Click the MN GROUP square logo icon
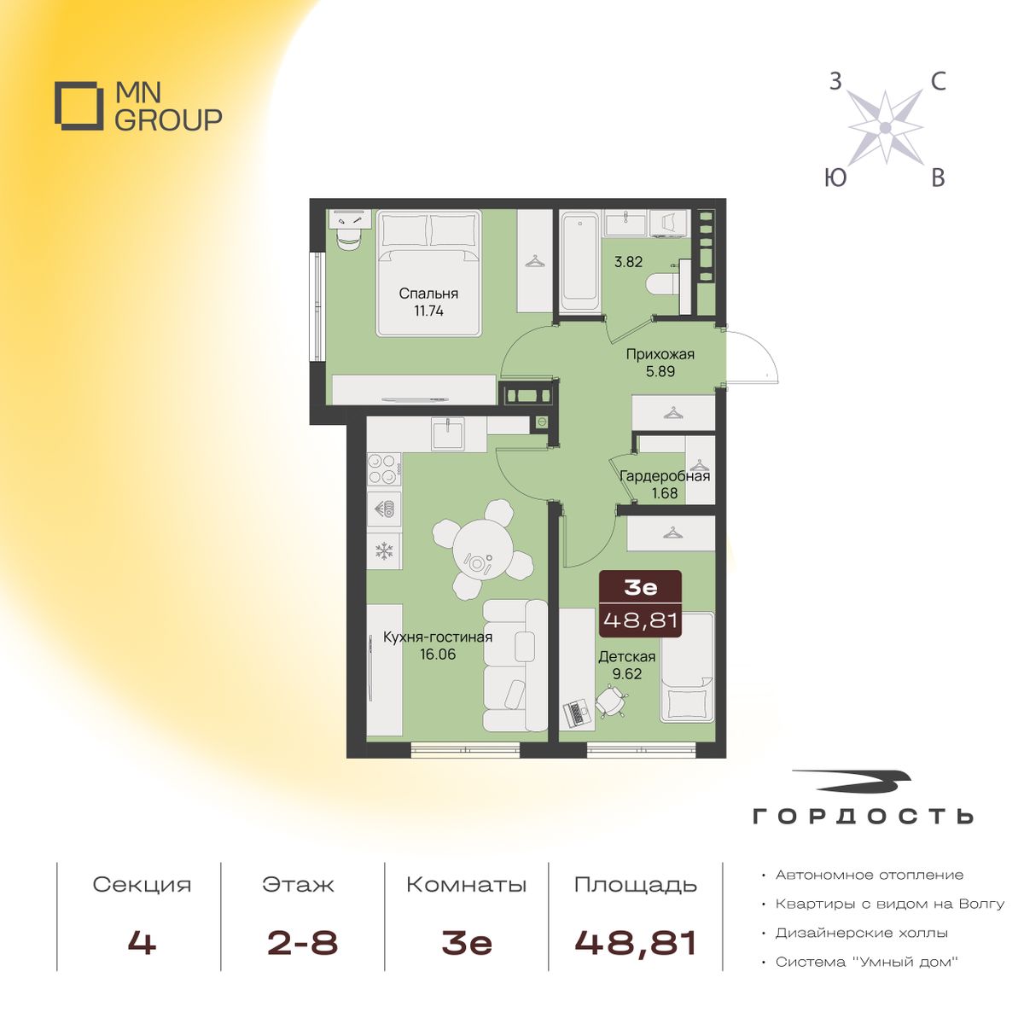79,105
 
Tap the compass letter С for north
938,82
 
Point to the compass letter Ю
835,177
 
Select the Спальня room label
428,294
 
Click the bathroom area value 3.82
628,261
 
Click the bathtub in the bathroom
579,263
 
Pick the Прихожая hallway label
660,354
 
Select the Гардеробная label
664,475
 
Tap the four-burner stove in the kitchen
384,468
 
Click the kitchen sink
448,433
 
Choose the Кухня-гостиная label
438,637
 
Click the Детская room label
627,656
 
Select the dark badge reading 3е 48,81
640,603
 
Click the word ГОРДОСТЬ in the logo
863,816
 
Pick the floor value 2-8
302,943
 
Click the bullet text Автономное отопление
870,875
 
